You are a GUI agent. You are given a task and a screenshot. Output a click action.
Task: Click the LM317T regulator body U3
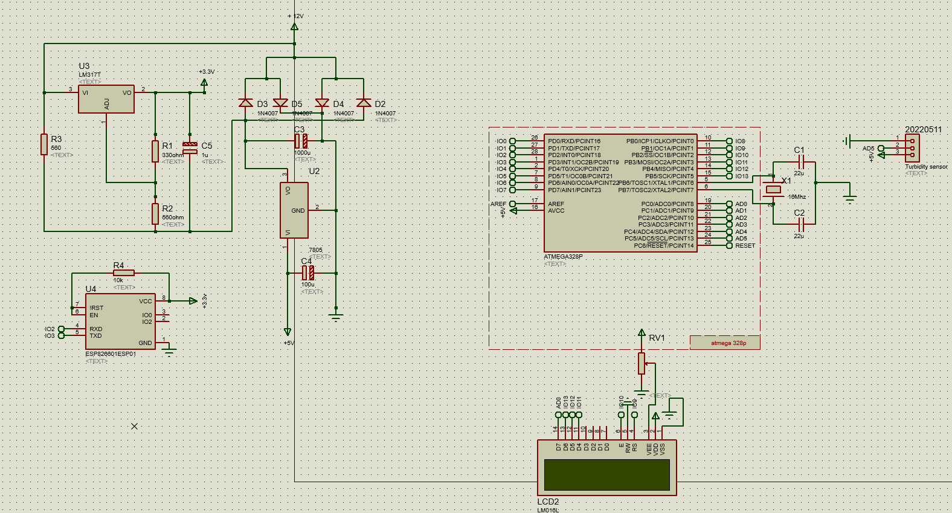coord(106,99)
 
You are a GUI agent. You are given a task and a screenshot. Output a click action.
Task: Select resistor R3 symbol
coord(44,144)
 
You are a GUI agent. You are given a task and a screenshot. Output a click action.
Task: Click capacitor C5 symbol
coord(190,147)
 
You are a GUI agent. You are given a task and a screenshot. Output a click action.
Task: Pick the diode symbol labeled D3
coord(245,103)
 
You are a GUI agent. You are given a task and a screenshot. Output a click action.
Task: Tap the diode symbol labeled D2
coord(364,103)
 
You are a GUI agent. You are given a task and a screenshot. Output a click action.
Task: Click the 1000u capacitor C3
coord(301,141)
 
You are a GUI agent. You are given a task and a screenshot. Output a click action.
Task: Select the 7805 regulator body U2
coord(294,210)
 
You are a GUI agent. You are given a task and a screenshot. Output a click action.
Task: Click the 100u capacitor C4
coord(308,273)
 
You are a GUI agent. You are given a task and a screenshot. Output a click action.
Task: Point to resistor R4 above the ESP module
coord(123,273)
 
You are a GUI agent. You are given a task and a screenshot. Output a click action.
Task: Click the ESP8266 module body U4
coord(120,321)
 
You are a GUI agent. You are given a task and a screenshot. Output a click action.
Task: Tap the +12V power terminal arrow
coord(294,27)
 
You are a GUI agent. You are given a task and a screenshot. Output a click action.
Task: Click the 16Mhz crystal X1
coord(773,190)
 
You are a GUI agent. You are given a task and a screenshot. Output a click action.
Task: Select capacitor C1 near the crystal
coord(801,162)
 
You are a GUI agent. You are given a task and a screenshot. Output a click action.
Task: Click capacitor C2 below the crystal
coord(801,225)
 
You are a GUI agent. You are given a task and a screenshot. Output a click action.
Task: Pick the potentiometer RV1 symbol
coord(642,363)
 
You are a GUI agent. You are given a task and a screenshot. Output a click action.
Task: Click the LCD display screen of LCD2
coord(606,474)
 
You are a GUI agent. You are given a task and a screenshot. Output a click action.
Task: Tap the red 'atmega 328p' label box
coord(725,343)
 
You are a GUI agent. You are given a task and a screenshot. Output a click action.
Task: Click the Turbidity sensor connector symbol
coord(912,147)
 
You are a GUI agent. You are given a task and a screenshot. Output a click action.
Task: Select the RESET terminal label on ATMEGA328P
coord(745,246)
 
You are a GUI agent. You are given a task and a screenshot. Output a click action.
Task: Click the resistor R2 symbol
coord(155,213)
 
